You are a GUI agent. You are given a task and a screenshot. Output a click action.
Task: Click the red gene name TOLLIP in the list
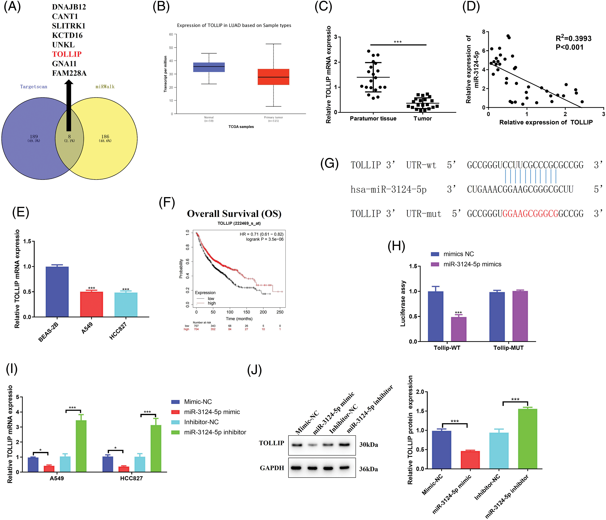tap(67, 54)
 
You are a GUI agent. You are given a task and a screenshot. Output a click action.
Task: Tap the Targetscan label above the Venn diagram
tap(34, 87)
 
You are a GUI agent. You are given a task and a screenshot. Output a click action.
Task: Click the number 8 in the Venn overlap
tap(69, 136)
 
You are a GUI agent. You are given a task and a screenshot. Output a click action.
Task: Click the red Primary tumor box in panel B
tap(273, 77)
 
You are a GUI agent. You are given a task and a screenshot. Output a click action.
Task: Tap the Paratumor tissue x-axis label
tap(373, 119)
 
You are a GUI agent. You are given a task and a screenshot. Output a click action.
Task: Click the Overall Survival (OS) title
tap(234, 214)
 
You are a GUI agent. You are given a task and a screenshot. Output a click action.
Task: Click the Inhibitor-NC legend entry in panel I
tap(201, 422)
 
